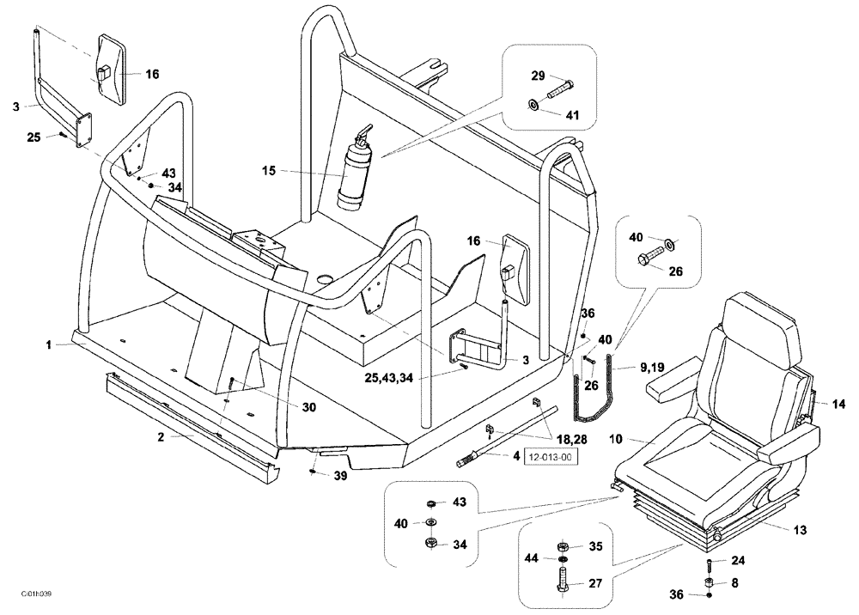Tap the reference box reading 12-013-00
click(549, 457)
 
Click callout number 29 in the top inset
click(538, 76)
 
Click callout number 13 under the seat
click(800, 530)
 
